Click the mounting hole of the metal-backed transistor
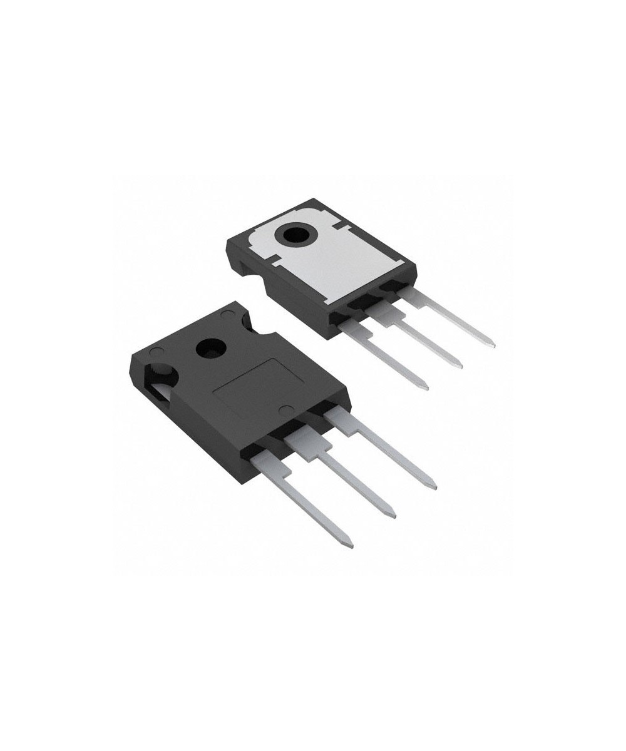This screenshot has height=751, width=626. point(296,235)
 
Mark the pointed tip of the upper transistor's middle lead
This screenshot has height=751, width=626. point(460,365)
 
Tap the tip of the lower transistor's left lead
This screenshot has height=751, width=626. point(351,546)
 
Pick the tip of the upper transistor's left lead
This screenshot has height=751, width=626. point(426,388)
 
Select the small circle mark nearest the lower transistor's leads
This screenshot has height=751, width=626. point(284,411)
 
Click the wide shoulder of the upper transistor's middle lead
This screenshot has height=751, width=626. point(379,312)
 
